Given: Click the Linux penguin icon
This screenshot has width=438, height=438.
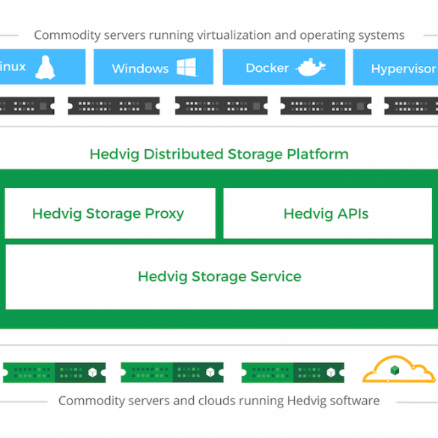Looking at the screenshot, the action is point(45,67).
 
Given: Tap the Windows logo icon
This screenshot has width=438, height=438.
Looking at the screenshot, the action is point(187,67).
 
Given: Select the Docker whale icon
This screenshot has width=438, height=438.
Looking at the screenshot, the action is point(310,67).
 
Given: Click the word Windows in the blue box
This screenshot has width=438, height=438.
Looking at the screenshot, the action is point(140,69).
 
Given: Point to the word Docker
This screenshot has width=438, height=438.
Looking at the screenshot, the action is point(267,68).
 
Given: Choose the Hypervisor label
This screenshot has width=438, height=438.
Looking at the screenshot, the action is point(404,69).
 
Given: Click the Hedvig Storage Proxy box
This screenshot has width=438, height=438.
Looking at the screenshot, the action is point(110,213).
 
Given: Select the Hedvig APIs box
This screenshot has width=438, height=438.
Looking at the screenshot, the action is point(328,213).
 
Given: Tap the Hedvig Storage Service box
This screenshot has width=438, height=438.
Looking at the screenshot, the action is point(219,277).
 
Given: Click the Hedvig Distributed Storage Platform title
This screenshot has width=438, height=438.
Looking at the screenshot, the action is point(219,154).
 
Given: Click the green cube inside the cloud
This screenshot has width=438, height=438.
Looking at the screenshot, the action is point(395,371).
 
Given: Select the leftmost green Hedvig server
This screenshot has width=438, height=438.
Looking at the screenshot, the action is point(54,372).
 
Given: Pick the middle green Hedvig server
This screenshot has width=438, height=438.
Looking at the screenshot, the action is point(172,372).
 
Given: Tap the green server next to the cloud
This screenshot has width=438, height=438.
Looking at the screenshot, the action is point(293,372).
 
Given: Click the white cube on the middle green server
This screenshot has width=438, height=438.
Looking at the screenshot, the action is point(210,372).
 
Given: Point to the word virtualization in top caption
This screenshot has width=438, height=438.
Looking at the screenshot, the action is point(234,35).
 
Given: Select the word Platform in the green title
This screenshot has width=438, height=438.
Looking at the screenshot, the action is point(317,154).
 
